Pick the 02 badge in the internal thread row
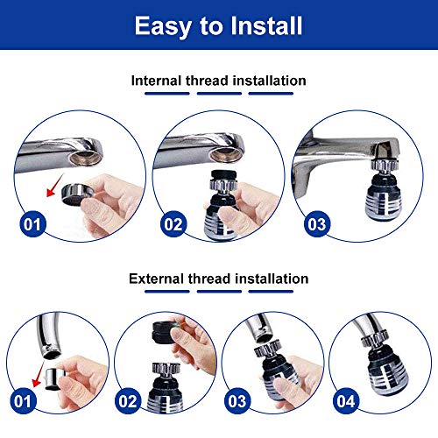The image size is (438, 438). pyautogui.click(x=173, y=224)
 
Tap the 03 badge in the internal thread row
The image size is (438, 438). pyautogui.click(x=315, y=224)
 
